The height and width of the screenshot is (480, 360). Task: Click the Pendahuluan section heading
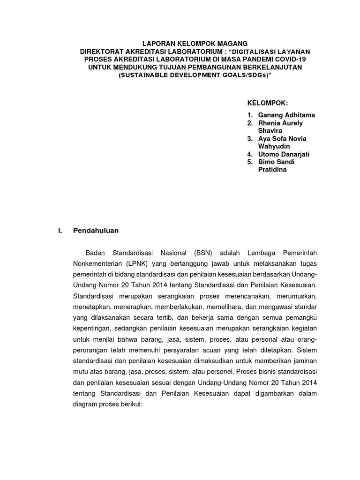pos(96,231)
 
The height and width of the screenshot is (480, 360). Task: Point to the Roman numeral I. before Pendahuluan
pos(59,231)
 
